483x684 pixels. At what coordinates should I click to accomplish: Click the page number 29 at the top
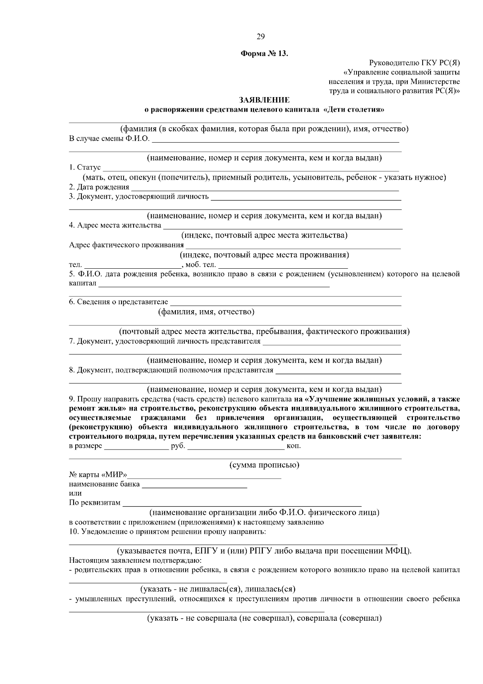(260, 37)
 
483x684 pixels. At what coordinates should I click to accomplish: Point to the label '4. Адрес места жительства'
(115, 225)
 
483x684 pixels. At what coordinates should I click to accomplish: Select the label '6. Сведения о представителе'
(118, 302)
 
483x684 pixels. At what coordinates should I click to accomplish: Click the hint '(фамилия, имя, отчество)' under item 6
(206, 312)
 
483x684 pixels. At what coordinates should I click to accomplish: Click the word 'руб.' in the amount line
(178, 446)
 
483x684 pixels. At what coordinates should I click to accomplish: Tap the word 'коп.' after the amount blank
(293, 446)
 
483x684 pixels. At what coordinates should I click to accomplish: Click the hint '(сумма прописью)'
(264, 465)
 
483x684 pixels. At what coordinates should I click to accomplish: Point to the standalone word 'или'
(75, 493)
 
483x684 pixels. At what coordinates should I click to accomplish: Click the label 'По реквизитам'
(95, 503)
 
